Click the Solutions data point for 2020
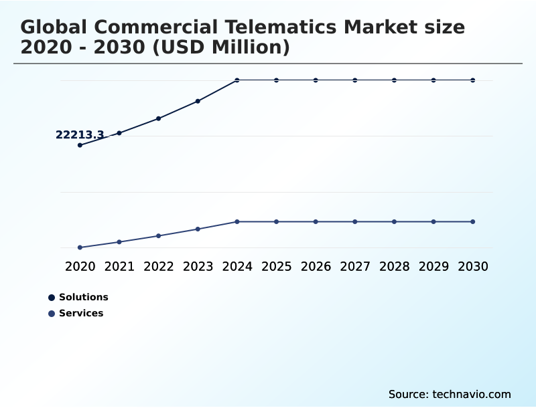point(80,145)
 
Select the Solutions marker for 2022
point(159,118)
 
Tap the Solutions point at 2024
point(237,80)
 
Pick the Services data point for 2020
point(80,247)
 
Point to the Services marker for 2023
point(198,229)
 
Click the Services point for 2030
point(472,221)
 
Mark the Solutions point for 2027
point(355,80)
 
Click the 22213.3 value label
point(80,135)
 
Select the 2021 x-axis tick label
point(119,267)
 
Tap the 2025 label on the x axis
point(276,267)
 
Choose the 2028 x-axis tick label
point(394,267)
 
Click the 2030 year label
point(472,267)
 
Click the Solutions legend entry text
point(84,298)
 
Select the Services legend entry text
point(81,314)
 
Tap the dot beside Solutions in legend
point(52,298)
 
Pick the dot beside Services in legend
point(52,314)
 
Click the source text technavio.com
point(472,394)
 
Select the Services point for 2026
point(316,221)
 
